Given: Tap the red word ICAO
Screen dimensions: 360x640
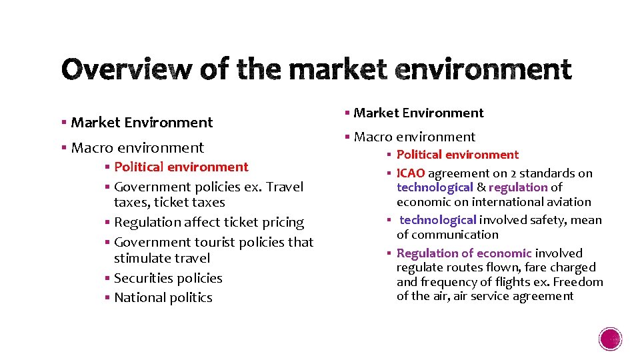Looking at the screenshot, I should click(411, 173).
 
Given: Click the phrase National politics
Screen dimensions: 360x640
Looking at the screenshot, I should click(163, 298).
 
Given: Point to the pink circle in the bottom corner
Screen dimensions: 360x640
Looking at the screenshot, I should click(611, 339).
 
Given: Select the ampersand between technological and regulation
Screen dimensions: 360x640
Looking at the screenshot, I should click(481, 188).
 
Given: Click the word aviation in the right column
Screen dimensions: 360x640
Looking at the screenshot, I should click(568, 202).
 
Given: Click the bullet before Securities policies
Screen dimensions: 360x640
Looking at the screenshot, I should click(107, 278).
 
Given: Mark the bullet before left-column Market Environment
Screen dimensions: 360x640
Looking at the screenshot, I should click(63, 123).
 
